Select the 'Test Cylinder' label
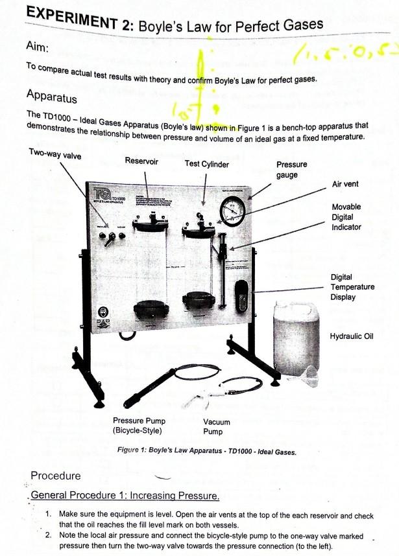pyautogui.click(x=206, y=164)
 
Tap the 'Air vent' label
pyautogui.click(x=345, y=184)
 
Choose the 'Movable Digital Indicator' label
pyautogui.click(x=346, y=217)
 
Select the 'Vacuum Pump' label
pyautogui.click(x=217, y=426)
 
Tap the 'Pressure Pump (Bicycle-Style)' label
pyautogui.click(x=139, y=425)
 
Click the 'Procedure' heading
pyautogui.click(x=56, y=476)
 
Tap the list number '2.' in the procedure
pyautogui.click(x=49, y=535)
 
